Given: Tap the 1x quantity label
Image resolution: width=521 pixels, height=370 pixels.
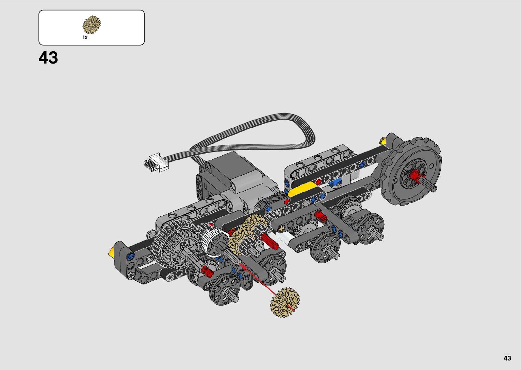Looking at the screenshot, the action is pos(85,37).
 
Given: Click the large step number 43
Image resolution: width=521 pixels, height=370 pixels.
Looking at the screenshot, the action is pos(48,58).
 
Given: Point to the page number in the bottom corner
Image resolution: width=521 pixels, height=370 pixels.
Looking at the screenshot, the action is pos(507,358).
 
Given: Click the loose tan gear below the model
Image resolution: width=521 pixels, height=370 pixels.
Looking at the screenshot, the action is pos(285,303).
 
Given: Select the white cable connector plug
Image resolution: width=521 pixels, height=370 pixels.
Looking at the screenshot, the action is pos(156,163).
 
